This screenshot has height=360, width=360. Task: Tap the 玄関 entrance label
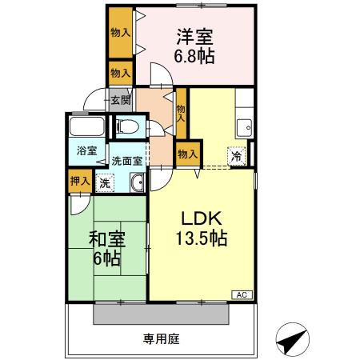tap(120, 100)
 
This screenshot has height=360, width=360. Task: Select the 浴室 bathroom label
tap(86, 151)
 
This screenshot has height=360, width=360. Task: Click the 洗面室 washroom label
tap(126, 159)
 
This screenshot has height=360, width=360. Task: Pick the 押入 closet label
tap(78, 181)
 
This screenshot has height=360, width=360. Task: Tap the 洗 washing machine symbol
tap(105, 182)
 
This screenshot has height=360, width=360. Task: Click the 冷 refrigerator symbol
tap(237, 157)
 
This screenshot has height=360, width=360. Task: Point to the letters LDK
tap(200, 218)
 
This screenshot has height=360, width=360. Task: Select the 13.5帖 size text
tap(200, 238)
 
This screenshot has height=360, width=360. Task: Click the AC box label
tap(241, 295)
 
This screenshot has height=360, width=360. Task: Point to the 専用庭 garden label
tap(161, 338)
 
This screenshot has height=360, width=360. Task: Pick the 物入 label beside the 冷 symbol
tap(186, 154)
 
